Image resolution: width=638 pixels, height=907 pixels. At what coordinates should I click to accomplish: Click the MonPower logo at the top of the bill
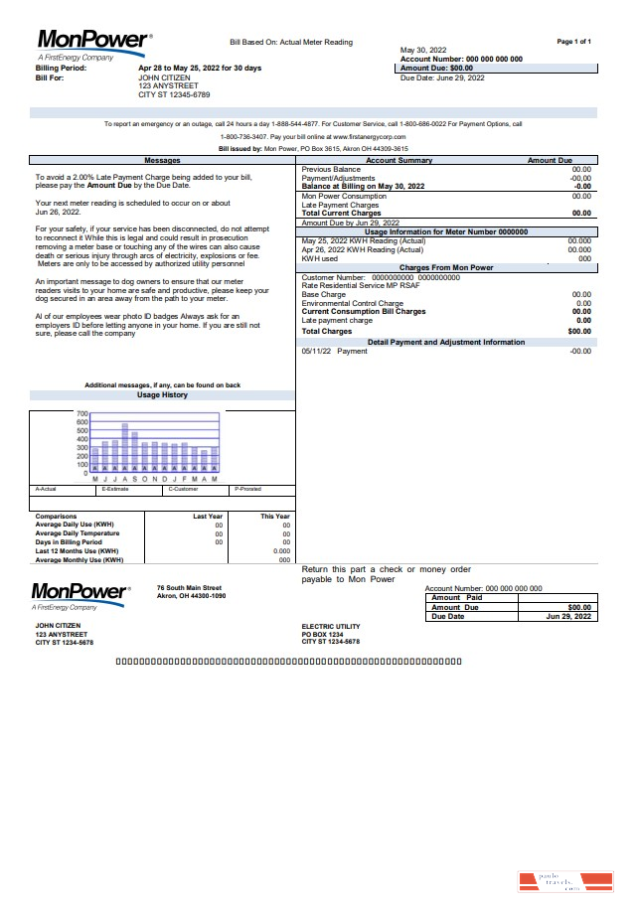point(94,41)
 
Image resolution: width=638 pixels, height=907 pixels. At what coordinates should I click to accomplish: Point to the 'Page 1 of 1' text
point(574,42)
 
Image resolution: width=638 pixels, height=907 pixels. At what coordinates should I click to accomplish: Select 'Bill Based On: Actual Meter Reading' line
point(291,43)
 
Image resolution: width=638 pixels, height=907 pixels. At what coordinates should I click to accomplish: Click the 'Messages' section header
point(162,160)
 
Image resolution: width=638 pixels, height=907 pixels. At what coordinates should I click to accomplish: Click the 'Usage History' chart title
point(162,395)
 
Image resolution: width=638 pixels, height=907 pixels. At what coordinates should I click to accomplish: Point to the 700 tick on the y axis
point(82,413)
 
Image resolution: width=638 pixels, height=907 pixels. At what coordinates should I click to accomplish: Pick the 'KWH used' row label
point(320,258)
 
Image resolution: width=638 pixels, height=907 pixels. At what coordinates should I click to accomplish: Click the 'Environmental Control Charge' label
point(352,303)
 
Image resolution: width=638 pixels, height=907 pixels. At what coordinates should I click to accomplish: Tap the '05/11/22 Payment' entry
point(334,351)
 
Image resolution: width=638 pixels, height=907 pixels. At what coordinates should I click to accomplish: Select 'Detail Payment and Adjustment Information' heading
point(446,342)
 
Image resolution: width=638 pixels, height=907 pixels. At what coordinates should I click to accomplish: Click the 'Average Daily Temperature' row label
point(78,533)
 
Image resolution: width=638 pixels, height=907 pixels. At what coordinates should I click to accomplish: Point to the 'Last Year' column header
point(208,517)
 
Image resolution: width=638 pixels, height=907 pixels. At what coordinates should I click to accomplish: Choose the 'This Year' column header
point(275,517)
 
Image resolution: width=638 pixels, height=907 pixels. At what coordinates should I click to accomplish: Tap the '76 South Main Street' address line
point(189,588)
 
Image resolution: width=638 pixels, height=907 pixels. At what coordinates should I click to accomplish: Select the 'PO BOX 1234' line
point(322,634)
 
